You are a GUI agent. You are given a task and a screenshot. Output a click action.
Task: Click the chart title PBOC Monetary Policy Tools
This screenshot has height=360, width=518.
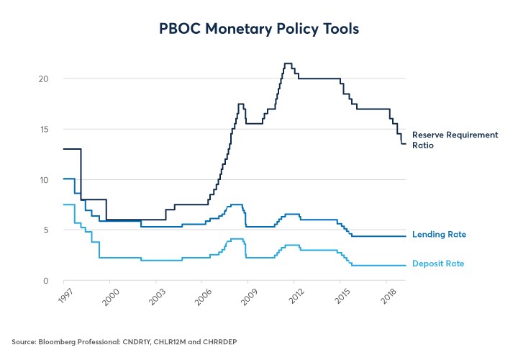pos(259,30)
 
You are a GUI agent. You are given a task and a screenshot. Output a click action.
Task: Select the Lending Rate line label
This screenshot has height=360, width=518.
pos(439,235)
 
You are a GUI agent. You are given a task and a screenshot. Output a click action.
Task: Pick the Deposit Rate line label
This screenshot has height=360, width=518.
pos(438,264)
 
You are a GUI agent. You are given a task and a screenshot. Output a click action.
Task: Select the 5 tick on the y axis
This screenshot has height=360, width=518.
pos(47,230)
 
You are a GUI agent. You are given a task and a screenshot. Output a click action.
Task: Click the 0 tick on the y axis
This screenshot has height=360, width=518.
pos(47,280)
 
